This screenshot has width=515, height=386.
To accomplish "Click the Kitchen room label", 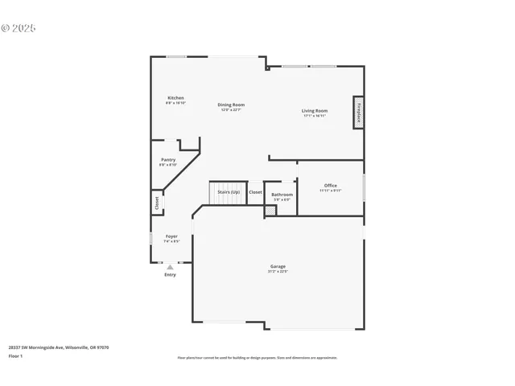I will click(x=175, y=98).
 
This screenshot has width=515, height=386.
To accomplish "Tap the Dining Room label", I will click(x=232, y=105).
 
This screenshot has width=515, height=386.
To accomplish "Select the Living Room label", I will click(x=315, y=110).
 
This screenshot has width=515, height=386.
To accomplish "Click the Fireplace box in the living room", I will click(x=358, y=113).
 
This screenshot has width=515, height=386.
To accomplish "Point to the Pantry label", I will click(x=168, y=160).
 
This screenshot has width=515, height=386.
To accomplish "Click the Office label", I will click(x=330, y=185).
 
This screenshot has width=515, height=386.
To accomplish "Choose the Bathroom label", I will click(x=282, y=194).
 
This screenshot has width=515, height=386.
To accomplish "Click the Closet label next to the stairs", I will click(x=255, y=192).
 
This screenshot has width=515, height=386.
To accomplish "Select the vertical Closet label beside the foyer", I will click(x=157, y=203).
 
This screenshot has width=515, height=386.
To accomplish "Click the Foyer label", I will click(x=171, y=236).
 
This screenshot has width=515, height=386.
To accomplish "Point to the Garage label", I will click(x=278, y=266).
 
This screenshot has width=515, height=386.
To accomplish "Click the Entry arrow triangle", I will click(x=170, y=266).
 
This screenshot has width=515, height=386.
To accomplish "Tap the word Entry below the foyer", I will click(x=170, y=275).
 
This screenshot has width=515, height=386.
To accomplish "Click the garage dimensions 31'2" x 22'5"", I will click(x=278, y=272).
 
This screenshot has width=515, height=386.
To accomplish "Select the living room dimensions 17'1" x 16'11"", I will click(x=315, y=116).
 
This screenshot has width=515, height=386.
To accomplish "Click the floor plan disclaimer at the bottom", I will click(x=257, y=358).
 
